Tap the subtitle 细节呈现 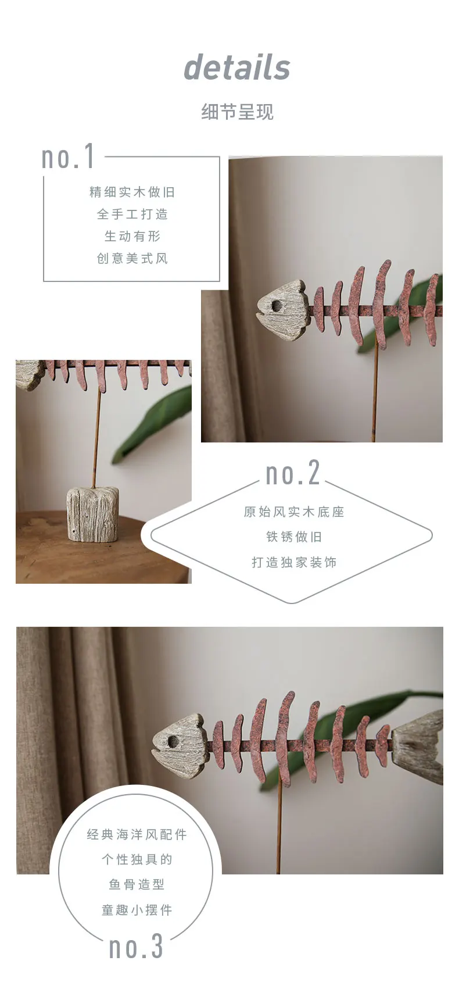pos(237,112)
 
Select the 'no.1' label pos(68,158)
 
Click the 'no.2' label pos(293,474)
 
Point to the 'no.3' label pos(137,947)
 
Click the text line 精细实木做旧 pos(132,192)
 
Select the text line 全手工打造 pos(132,214)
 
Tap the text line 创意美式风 pos(132,258)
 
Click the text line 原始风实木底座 pos(293,512)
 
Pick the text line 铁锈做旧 pos(293,537)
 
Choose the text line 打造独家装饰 pos(293,562)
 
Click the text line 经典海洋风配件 pos(137,834)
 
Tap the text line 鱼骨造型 pos(137,884)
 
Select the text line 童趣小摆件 pos(137,910)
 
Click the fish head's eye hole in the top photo pos(276,305)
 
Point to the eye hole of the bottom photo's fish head pos(173,741)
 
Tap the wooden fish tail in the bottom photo pos(419,744)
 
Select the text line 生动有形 pos(132,236)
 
